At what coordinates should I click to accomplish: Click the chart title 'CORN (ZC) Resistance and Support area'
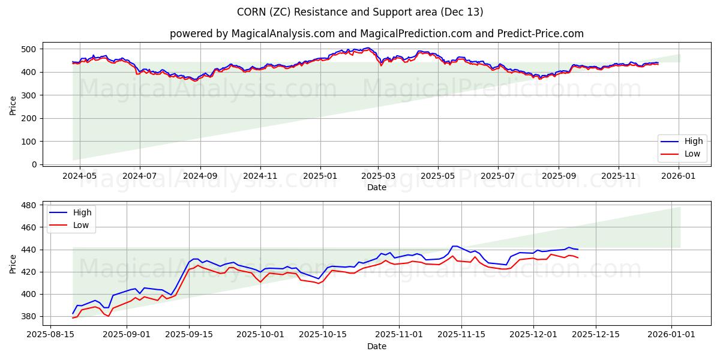[x=360, y=12]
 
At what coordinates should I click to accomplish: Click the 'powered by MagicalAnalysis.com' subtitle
[x=376, y=34]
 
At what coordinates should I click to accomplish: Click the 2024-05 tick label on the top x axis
[x=79, y=176]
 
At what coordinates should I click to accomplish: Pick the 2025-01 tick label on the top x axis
[x=320, y=176]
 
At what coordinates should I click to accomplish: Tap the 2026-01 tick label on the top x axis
[x=679, y=176]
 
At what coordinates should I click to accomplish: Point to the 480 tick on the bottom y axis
[x=29, y=205]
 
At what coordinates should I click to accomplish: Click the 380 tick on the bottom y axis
[x=29, y=316]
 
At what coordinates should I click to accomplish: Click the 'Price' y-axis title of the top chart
[x=13, y=106]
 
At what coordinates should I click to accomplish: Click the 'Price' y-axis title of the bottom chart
[x=13, y=264]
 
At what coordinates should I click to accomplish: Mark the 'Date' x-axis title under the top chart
[x=376, y=188]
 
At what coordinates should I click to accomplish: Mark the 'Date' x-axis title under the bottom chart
[x=376, y=346]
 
